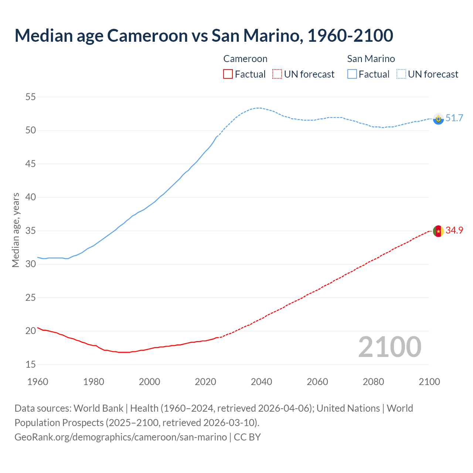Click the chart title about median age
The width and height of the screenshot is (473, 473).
pos(204,35)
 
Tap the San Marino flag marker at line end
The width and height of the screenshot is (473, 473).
pos(438,119)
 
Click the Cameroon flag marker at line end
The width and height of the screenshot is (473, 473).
pos(438,231)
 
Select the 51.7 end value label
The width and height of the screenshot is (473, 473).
pos(454,118)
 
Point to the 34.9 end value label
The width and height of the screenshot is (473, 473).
pos(454,230)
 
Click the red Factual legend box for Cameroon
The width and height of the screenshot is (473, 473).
pos(228,74)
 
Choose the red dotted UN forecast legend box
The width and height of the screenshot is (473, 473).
pos(277,74)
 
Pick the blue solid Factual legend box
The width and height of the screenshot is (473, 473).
pos(352,74)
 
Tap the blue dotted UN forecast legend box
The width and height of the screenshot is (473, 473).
pos(401,74)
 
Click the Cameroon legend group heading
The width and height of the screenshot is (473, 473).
pos(245,59)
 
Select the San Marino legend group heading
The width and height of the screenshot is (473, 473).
pos(371,59)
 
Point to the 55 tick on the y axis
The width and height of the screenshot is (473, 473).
pos(30,97)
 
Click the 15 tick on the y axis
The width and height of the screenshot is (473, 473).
pos(30,364)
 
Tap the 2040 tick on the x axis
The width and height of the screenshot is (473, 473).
pos(261,382)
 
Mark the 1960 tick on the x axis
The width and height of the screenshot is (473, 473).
pos(38,382)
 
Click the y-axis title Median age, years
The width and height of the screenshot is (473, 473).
pos(16,230)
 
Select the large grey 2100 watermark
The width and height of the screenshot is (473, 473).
pos(389,347)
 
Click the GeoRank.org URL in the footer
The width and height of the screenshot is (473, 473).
pos(120,437)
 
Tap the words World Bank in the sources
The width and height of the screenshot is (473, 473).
pos(98,408)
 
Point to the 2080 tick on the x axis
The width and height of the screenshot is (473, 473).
pos(373,382)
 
